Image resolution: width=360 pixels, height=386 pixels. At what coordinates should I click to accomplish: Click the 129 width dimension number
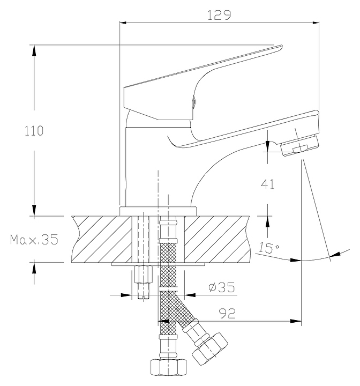click(x=219, y=15)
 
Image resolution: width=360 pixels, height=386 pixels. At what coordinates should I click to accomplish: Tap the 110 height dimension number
click(x=34, y=131)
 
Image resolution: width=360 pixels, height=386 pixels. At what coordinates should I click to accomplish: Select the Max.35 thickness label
click(x=34, y=239)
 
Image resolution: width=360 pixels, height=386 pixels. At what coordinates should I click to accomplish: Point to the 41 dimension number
click(x=268, y=184)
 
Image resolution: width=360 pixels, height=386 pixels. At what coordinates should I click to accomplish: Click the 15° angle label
click(x=268, y=247)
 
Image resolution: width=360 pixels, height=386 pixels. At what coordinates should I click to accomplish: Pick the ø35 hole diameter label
click(x=221, y=287)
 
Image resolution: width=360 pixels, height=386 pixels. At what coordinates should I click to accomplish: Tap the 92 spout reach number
click(x=227, y=314)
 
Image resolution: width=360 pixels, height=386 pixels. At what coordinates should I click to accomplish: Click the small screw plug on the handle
click(x=193, y=102)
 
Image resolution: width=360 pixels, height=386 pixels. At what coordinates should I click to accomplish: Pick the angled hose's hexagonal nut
click(x=210, y=349)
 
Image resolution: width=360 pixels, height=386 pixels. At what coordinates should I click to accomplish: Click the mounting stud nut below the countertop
click(x=144, y=274)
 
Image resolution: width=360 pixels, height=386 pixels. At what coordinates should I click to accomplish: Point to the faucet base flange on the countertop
click(x=158, y=211)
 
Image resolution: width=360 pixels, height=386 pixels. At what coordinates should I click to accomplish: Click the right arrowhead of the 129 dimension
click(x=316, y=23)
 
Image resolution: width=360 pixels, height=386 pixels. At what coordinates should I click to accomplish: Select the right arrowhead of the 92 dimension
click(x=296, y=321)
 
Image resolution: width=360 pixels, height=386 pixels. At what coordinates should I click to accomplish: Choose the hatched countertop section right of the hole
click(x=217, y=239)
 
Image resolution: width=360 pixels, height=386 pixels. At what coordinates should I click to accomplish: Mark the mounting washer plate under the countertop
click(x=158, y=264)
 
